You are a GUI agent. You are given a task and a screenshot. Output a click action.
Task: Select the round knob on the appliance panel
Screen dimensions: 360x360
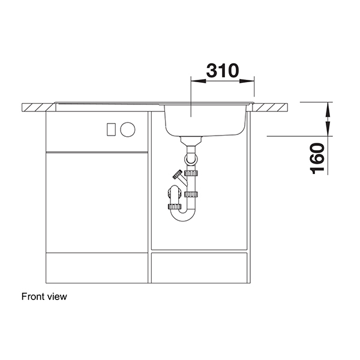(128, 128)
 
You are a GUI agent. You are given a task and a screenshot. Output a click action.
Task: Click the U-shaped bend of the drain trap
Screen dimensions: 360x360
(183, 214)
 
